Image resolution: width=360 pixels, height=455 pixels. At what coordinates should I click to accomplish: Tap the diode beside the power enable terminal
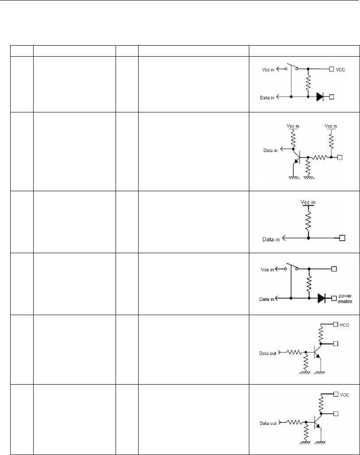(322, 298)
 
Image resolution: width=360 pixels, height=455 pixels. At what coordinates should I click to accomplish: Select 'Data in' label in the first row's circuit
(267, 97)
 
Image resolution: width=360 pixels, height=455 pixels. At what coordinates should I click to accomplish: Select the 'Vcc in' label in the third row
(309, 202)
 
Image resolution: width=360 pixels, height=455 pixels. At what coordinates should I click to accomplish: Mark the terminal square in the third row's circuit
(342, 238)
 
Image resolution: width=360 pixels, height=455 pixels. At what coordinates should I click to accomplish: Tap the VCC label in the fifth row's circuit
(345, 325)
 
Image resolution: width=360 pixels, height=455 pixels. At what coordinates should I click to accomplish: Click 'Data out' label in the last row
(268, 424)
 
